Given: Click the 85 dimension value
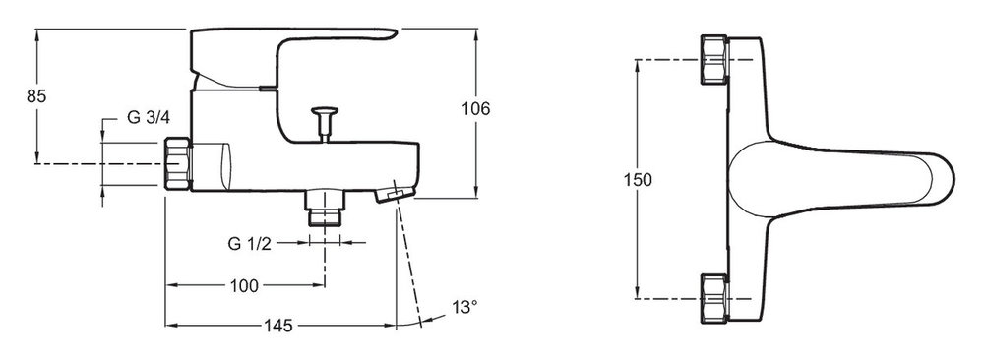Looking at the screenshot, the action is click(x=37, y=96).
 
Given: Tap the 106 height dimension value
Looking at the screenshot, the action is click(x=475, y=108).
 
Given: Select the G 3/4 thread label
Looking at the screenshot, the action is click(x=149, y=117).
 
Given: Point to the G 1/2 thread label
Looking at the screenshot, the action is click(x=249, y=244).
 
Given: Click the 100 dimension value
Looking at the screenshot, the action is click(x=244, y=286).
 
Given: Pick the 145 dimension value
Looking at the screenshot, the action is click(x=278, y=326).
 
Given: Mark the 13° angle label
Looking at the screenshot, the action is click(x=464, y=307).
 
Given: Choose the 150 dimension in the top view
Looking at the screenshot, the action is click(x=638, y=180).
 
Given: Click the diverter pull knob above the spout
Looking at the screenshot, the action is click(x=324, y=122).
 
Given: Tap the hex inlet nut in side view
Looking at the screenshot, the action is click(x=177, y=163).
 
